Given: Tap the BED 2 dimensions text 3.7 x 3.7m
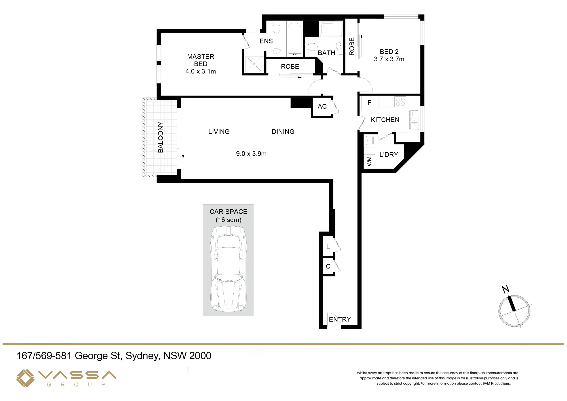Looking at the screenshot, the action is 389,59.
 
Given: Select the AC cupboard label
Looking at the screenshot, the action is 322,107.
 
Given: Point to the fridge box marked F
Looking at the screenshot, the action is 369,103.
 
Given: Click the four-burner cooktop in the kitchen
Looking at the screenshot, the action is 400,102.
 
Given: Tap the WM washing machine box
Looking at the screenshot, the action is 369,161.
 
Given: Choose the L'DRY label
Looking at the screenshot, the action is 389,155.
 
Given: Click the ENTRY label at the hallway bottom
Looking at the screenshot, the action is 340,319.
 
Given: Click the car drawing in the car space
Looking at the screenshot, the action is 229,269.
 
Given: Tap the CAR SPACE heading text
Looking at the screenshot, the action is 229,212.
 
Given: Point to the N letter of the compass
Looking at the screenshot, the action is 505,289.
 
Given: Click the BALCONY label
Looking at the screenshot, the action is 161,137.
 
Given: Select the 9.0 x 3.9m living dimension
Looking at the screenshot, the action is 251,154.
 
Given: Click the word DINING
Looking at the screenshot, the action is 283,132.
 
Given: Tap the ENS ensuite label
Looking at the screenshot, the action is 266,41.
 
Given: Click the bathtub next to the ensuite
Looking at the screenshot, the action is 295,38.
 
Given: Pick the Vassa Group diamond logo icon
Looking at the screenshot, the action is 25,378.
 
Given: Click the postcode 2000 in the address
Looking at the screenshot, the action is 200,356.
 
